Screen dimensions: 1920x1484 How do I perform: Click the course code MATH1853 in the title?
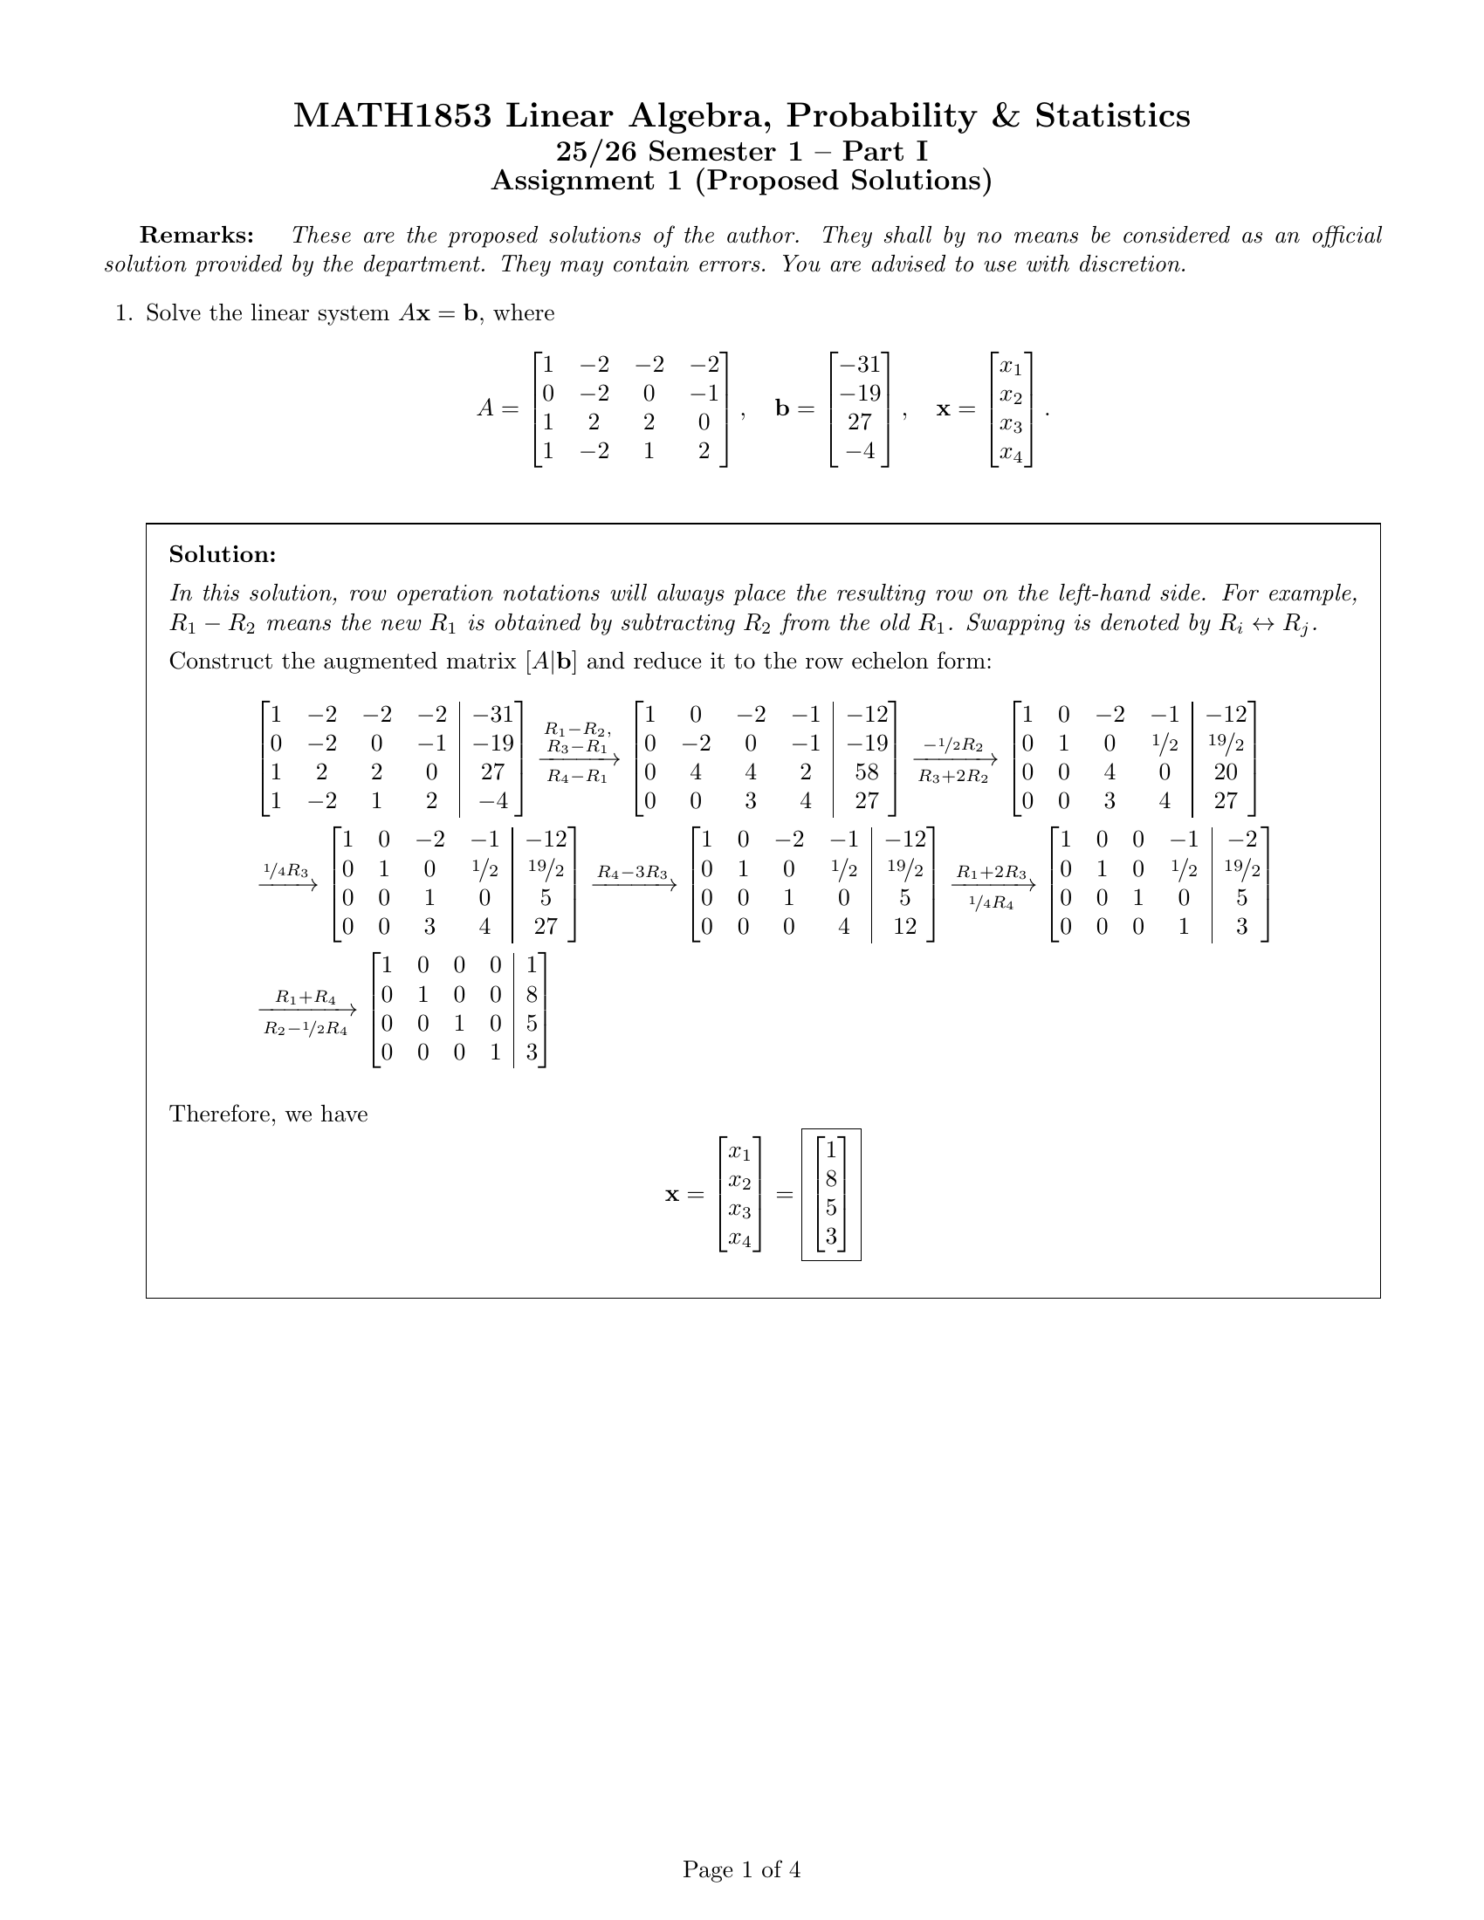(x=392, y=116)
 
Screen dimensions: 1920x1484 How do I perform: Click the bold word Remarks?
(x=197, y=236)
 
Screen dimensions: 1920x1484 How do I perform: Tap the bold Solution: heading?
(x=223, y=555)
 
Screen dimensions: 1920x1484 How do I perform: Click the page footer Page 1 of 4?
(x=741, y=1869)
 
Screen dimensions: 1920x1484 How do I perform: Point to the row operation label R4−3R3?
(x=632, y=873)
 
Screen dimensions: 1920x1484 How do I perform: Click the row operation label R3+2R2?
(x=953, y=777)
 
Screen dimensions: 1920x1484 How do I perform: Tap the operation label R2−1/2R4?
(x=305, y=1029)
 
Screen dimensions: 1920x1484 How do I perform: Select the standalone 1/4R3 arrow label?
(x=286, y=871)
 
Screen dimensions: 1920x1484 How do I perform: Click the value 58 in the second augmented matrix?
(x=866, y=772)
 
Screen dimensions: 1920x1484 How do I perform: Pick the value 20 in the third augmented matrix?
(x=1225, y=772)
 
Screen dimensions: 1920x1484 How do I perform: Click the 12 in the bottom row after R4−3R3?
(x=904, y=927)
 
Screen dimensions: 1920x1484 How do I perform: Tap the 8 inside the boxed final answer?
(x=831, y=1180)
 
